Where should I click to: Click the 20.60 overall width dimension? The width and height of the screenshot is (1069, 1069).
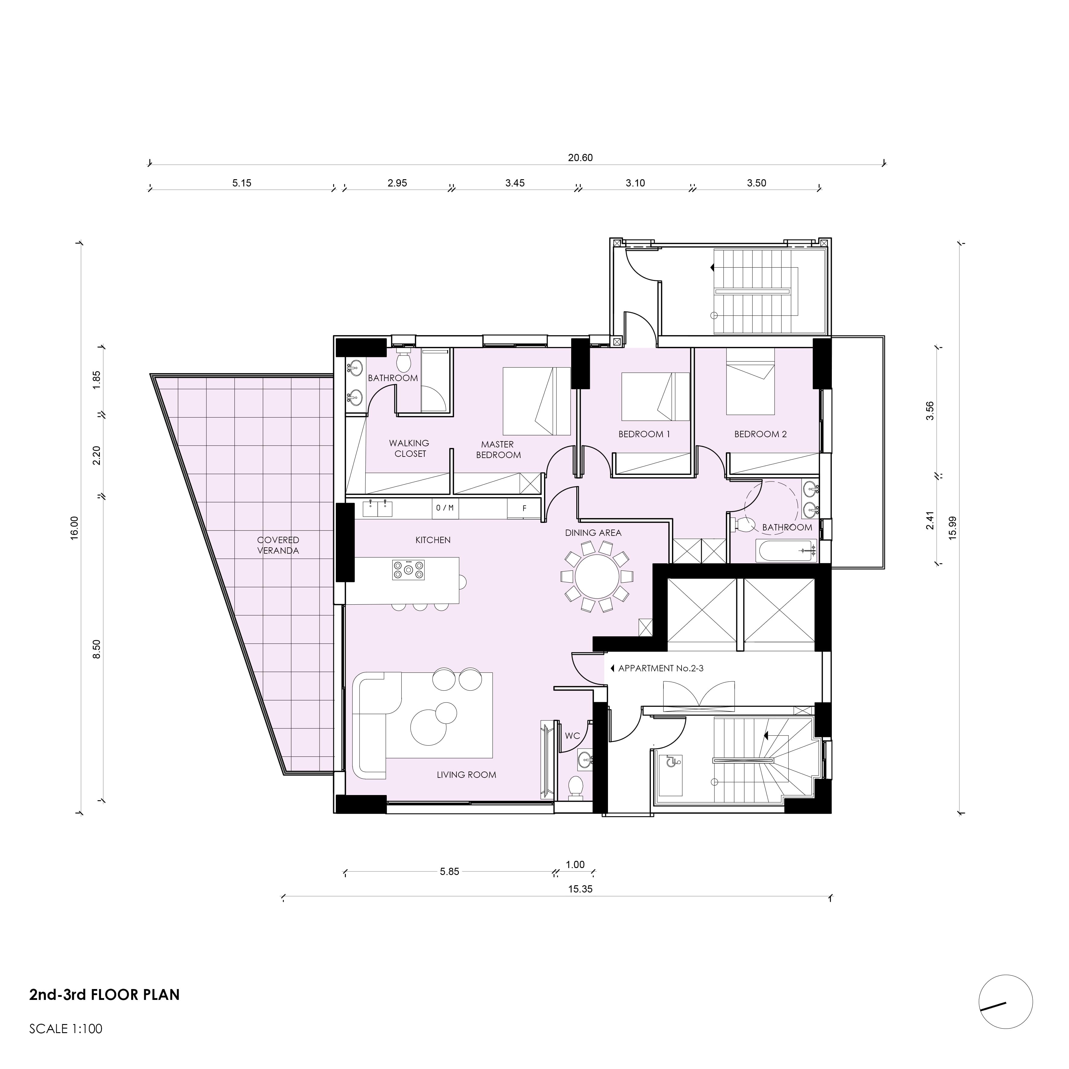[580, 158]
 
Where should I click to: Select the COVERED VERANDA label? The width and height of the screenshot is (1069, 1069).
[278, 545]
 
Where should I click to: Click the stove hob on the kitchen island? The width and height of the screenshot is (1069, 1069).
[408, 569]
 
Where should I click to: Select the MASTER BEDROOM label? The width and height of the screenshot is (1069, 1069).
[498, 449]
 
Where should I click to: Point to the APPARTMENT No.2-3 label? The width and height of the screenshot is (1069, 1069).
[660, 668]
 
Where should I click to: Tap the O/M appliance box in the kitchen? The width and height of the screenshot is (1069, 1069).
[444, 508]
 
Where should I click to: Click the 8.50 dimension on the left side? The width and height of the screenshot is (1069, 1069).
[97, 649]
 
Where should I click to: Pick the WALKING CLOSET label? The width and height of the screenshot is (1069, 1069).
[409, 448]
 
